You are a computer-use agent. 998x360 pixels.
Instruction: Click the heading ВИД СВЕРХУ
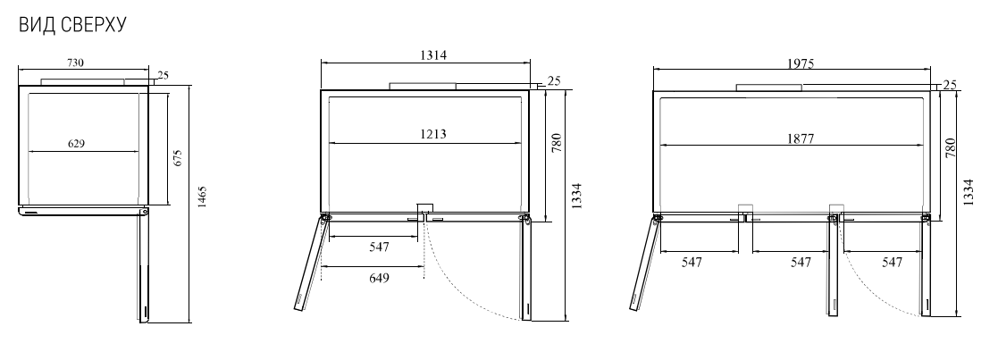pyautogui.click(x=72, y=25)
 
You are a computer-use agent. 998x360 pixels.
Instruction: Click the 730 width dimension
pyautogui.click(x=75, y=63)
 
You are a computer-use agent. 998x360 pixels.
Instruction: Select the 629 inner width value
pyautogui.click(x=76, y=144)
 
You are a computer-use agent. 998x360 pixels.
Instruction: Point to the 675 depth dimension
pyautogui.click(x=178, y=158)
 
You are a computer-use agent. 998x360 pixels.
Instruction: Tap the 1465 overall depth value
pyautogui.click(x=202, y=197)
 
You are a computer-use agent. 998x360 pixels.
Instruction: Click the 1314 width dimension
pyautogui.click(x=433, y=55)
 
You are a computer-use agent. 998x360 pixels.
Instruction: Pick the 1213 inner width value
pyautogui.click(x=432, y=134)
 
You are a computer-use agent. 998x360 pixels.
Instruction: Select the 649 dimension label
pyautogui.click(x=379, y=278)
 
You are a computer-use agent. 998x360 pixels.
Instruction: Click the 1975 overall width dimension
pyautogui.click(x=801, y=63)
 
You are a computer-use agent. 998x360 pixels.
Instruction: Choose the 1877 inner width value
pyautogui.click(x=800, y=138)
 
